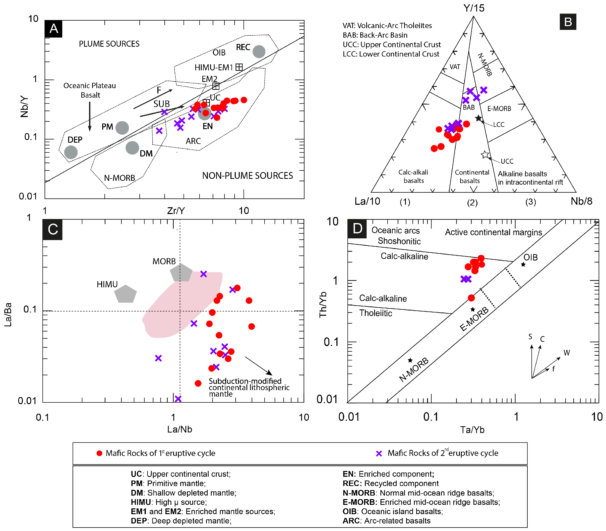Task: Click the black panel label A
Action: pyautogui.click(x=54, y=29)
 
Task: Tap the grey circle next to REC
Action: pyautogui.click(x=259, y=51)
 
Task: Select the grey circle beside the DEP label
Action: pyautogui.click(x=71, y=152)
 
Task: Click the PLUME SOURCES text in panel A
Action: pyautogui.click(x=109, y=44)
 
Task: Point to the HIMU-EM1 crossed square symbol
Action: pyautogui.click(x=239, y=67)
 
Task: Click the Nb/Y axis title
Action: pyautogui.click(x=24, y=107)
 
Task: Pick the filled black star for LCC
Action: pyautogui.click(x=478, y=118)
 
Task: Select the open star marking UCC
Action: pyautogui.click(x=485, y=154)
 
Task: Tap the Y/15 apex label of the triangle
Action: pyautogui.click(x=474, y=8)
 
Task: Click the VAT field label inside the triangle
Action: pyautogui.click(x=455, y=67)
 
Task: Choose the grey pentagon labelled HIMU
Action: pyautogui.click(x=125, y=294)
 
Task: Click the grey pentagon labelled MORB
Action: pyautogui.click(x=181, y=273)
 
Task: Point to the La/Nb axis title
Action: pyautogui.click(x=179, y=429)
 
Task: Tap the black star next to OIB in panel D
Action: pyautogui.click(x=523, y=264)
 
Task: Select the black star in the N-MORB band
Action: pyautogui.click(x=410, y=360)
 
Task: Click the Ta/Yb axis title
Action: pyautogui.click(x=472, y=430)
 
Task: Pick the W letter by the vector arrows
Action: pyautogui.click(x=567, y=353)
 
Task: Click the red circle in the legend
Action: pyautogui.click(x=99, y=453)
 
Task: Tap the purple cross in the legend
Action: pyautogui.click(x=379, y=453)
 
